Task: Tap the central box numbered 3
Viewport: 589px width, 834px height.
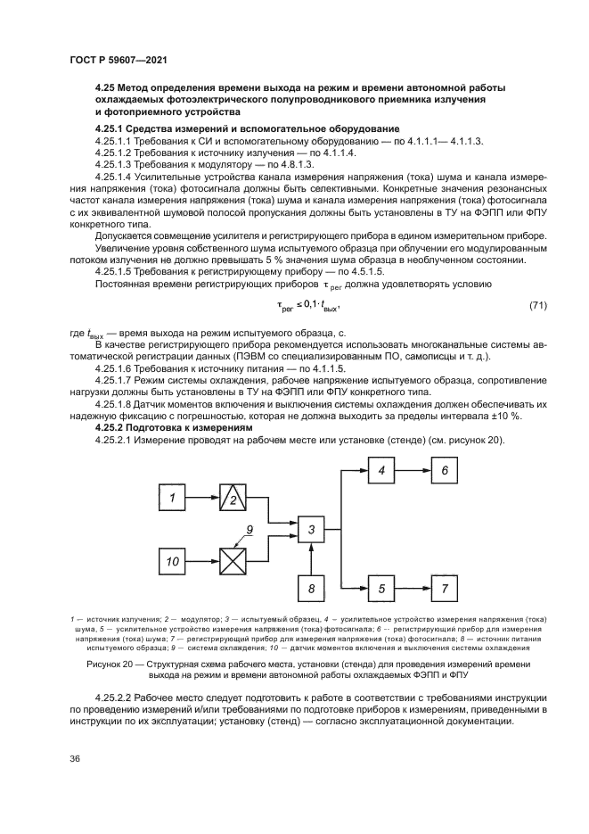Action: tap(312, 531)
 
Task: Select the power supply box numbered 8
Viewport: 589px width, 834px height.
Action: tap(312, 589)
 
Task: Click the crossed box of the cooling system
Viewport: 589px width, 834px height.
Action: tap(234, 562)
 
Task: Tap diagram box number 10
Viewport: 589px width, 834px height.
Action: tap(173, 562)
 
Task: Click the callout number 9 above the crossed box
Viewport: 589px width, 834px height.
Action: tap(250, 530)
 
